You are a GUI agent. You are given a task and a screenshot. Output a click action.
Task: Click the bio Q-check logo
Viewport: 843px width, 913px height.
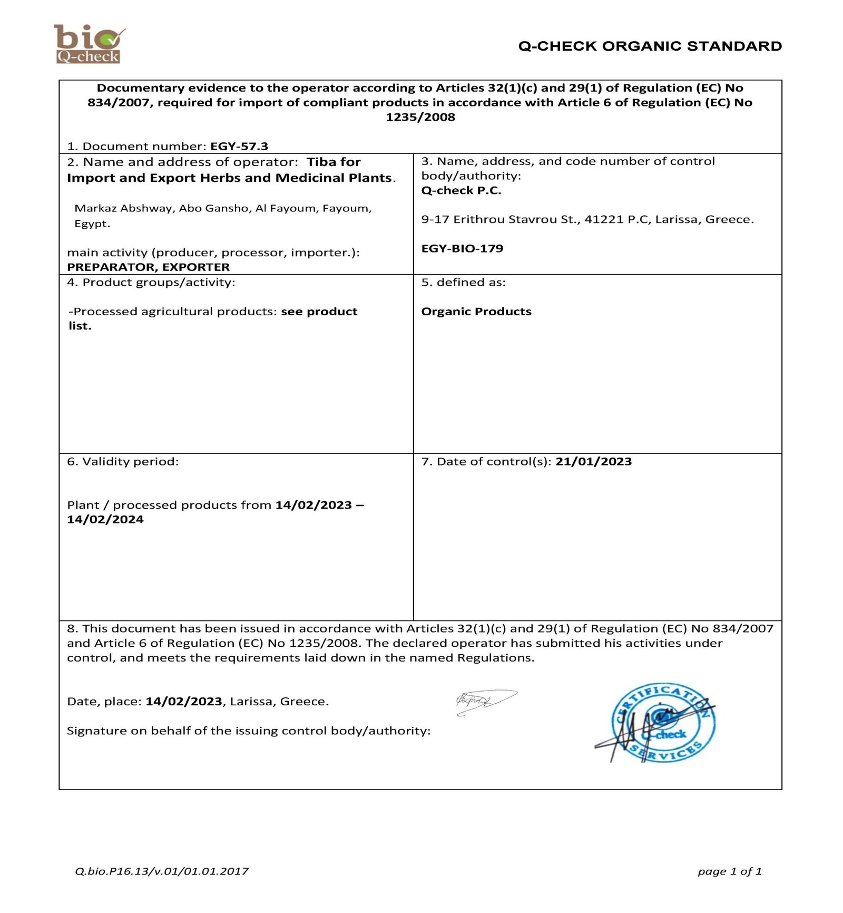pos(89,44)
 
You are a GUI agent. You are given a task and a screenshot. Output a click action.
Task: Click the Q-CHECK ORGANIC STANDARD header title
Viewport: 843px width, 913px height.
pos(650,46)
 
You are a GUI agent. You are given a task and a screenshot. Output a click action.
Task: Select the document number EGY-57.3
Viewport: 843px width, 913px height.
pos(239,146)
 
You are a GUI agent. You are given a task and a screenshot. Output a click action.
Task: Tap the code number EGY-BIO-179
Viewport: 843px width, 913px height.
pos(462,248)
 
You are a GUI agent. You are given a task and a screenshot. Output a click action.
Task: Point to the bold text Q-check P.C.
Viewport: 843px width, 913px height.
pos(461,190)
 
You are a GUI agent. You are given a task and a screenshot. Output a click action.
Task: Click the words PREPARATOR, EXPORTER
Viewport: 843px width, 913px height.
pos(149,267)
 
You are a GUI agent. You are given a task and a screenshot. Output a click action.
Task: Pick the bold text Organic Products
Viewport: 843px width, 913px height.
pos(476,312)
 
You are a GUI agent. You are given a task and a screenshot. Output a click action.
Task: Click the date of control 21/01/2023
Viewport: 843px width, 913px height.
pos(593,462)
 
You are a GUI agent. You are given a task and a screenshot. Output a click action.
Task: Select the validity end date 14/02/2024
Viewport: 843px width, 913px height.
pos(105,519)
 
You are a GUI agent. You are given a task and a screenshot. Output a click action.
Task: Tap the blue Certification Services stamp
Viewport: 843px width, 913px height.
pos(662,722)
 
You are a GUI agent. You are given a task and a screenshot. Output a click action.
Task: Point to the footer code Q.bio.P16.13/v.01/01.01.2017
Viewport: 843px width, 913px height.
pos(162,871)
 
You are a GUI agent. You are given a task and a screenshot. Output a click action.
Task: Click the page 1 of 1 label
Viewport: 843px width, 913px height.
pos(729,871)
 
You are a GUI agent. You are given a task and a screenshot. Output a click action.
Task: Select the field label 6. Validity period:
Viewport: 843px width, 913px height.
pos(123,462)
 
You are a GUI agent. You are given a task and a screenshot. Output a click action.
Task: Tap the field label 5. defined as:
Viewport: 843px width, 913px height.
pos(463,283)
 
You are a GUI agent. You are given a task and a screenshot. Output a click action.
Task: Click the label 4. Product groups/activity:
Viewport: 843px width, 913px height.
pos(151,283)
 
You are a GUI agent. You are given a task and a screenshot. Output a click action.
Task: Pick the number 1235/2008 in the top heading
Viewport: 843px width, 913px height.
pos(420,117)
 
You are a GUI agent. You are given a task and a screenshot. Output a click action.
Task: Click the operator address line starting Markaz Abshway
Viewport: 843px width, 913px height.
pos(223,208)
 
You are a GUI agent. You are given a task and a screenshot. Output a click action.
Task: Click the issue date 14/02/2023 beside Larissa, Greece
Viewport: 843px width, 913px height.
pos(184,702)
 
